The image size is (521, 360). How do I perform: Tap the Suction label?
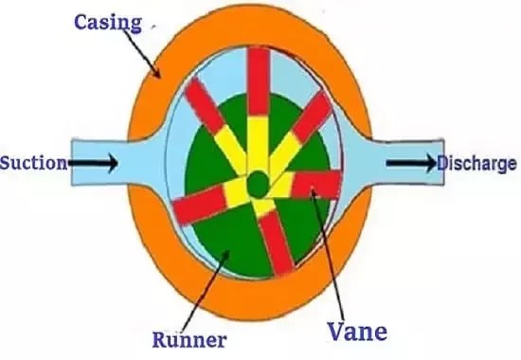(x=33, y=163)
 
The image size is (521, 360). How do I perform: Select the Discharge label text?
(x=476, y=163)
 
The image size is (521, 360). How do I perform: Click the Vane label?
(x=358, y=332)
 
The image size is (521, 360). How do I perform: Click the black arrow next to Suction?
(x=95, y=164)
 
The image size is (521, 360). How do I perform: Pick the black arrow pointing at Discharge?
(x=410, y=163)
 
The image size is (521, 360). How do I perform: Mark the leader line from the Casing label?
(x=150, y=56)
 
